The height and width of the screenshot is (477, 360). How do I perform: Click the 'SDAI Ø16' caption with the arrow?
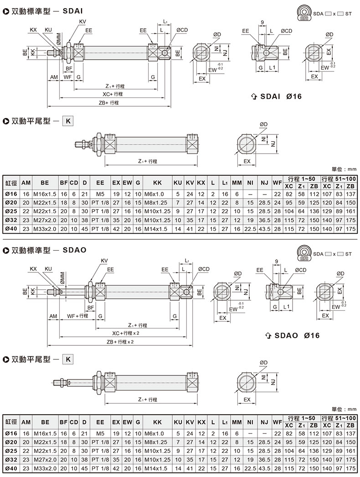click(x=275, y=97)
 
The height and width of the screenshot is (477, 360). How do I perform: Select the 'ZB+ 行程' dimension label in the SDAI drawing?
click(x=108, y=103)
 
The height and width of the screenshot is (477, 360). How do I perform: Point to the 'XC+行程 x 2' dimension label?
click(x=126, y=333)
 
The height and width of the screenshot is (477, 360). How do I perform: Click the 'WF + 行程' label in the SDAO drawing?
click(x=77, y=316)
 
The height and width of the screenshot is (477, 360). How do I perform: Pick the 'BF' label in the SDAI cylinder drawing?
click(x=69, y=69)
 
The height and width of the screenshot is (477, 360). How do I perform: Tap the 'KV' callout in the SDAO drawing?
click(x=104, y=261)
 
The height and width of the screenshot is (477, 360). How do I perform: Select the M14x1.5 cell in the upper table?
click(x=155, y=229)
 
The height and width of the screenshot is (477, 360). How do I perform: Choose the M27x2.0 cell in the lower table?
click(x=45, y=460)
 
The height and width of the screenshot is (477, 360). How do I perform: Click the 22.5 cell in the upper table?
click(x=250, y=229)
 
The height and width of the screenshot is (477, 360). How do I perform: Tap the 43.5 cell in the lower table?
click(x=264, y=468)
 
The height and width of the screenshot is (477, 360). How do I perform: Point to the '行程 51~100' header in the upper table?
click(x=339, y=179)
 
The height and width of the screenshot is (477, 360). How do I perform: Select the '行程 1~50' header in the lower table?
click(x=301, y=418)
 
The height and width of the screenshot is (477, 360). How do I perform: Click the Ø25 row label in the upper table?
click(x=11, y=211)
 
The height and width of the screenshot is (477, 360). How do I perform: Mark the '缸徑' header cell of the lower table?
click(x=11, y=422)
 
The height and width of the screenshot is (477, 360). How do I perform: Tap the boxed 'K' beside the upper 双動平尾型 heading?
click(x=68, y=121)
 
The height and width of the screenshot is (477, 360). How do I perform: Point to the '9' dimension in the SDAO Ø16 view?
click(x=276, y=262)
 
